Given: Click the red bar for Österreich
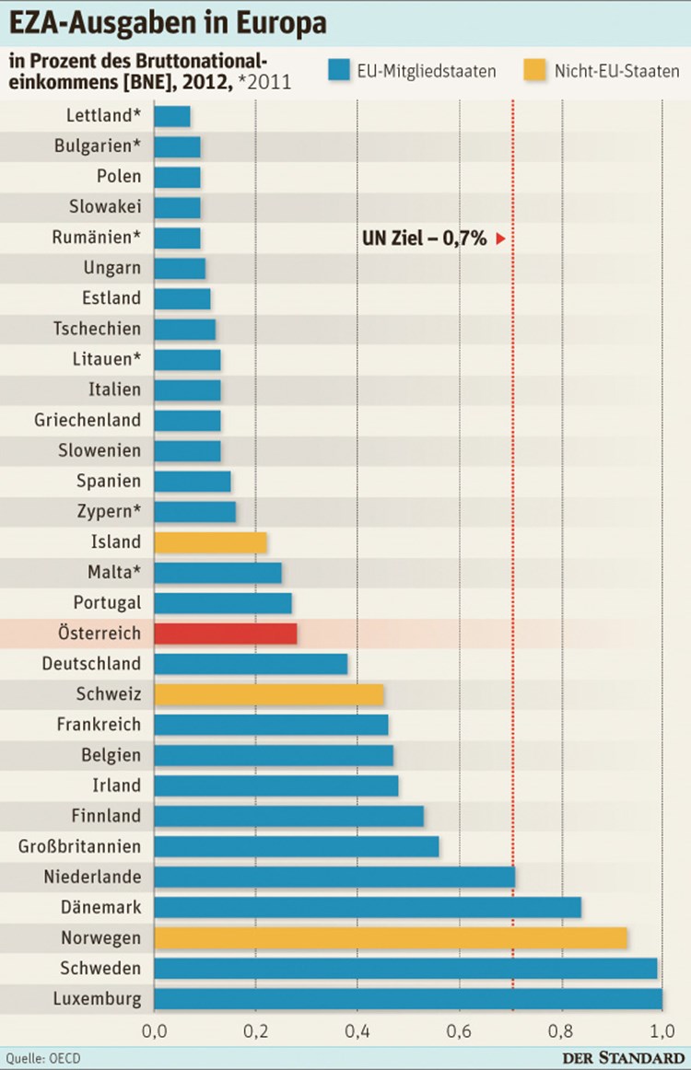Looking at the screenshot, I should pos(226,634).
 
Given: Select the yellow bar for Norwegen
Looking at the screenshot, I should pos(391,937).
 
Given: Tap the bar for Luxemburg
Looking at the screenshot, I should pos(408,998).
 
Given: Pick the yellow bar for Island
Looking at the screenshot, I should pos(210,542).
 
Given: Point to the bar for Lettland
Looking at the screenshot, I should pos(172,117).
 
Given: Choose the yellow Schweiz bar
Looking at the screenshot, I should pos(269,694).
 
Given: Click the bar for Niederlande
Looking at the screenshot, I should pos(334,877).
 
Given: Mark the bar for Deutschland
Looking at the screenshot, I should pos(251,664).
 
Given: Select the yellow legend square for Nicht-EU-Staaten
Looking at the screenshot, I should pos(534,70).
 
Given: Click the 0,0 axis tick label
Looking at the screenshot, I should pos(154,1029).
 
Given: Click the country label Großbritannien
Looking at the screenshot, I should pos(80,846).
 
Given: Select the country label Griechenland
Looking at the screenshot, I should pos(88,421).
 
